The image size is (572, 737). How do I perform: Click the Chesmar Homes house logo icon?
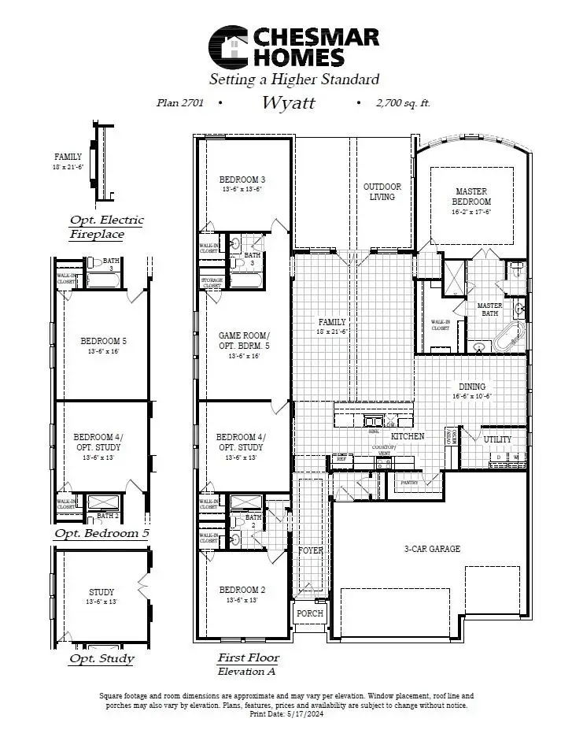[x=227, y=46]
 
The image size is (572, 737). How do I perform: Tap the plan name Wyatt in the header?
[x=289, y=102]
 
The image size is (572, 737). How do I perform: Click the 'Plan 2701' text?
[x=182, y=102]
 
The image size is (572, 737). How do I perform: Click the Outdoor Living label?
[x=382, y=191]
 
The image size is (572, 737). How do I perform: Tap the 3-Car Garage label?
[x=432, y=549]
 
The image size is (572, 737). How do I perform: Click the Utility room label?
[x=496, y=439]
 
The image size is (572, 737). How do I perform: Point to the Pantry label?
[x=408, y=483]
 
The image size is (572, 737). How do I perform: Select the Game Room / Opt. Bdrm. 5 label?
[x=243, y=346]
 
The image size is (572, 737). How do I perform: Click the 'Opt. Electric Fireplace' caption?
[x=106, y=227]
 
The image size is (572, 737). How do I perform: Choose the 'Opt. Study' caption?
[x=101, y=658]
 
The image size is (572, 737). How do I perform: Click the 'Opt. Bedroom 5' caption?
[x=101, y=533]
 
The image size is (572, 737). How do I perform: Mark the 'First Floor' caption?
[x=248, y=657]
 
